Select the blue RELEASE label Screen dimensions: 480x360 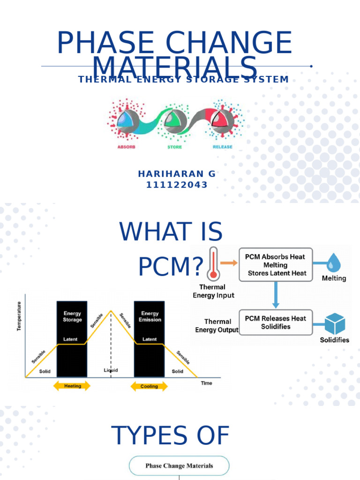pyautogui.click(x=222, y=146)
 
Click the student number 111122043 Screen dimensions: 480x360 pyautogui.click(x=177, y=185)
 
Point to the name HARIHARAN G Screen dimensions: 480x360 pyautogui.click(x=177, y=174)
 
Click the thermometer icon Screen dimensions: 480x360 pyautogui.click(x=214, y=263)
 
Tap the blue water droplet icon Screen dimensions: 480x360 pyautogui.click(x=334, y=262)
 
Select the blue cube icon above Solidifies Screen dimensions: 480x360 pyautogui.click(x=335, y=324)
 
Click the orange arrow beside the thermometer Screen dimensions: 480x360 pyautogui.click(x=229, y=263)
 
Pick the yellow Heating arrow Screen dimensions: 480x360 pyautogui.click(x=73, y=386)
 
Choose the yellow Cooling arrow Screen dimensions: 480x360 pyautogui.click(x=149, y=386)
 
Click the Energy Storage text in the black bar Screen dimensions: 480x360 pyautogui.click(x=72, y=316)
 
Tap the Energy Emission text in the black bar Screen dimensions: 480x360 pyautogui.click(x=150, y=316)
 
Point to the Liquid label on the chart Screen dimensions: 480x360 pyautogui.click(x=111, y=370)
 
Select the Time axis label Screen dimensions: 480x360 pyautogui.click(x=206, y=383)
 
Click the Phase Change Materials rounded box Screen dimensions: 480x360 pyautogui.click(x=179, y=466)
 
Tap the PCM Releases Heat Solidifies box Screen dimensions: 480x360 pyautogui.click(x=276, y=322)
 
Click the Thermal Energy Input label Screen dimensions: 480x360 pyautogui.click(x=214, y=291)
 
